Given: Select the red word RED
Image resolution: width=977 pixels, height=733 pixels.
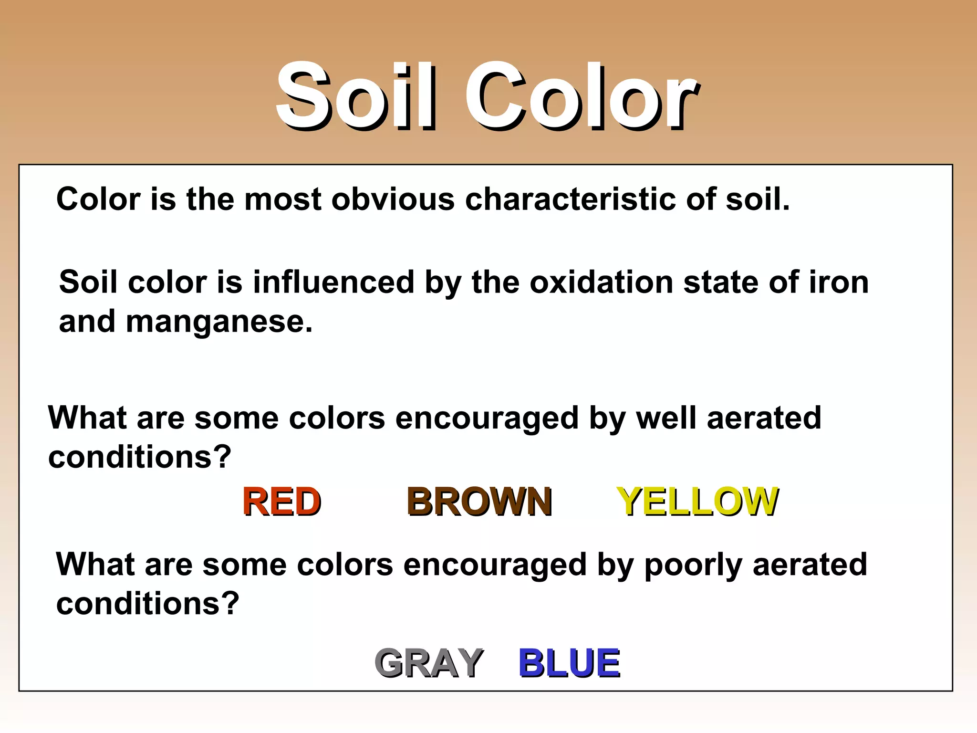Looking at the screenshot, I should click(282, 502).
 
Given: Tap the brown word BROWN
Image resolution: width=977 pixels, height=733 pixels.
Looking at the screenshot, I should click(479, 502).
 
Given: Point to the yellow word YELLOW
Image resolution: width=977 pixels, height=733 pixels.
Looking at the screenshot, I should click(697, 502).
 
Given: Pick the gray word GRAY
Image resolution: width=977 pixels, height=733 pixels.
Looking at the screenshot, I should click(429, 663).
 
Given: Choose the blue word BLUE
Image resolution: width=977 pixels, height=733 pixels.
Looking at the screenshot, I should click(569, 663).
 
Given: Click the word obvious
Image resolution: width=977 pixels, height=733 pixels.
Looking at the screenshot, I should click(393, 199).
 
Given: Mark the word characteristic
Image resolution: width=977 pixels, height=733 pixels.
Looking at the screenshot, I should click(570, 199).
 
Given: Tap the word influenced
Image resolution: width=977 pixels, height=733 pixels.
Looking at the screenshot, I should click(333, 283).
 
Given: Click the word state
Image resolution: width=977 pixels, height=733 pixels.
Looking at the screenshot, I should click(720, 283).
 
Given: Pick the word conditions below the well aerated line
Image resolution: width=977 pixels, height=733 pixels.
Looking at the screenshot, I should click(139, 457).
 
